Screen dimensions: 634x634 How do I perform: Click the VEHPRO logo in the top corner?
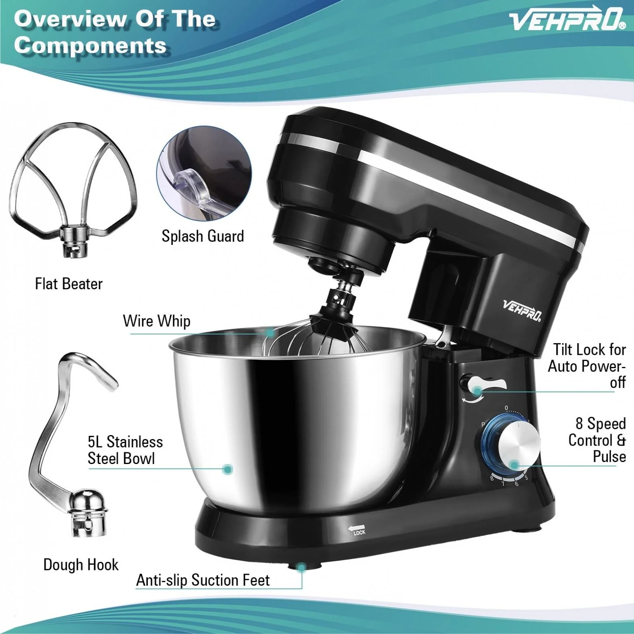point(567,19)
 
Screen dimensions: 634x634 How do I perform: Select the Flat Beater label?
point(69,284)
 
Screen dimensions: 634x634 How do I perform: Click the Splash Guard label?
point(203,236)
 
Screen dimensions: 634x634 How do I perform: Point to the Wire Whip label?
point(157,321)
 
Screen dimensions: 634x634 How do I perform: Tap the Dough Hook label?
point(81,565)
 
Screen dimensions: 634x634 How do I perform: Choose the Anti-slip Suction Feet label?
point(203,580)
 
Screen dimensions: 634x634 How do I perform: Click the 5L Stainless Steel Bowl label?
point(125,450)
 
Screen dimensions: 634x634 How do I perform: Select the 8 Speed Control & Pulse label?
point(597,440)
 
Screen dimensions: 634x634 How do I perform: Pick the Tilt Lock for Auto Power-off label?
point(587,366)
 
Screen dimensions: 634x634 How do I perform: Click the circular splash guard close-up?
point(204,173)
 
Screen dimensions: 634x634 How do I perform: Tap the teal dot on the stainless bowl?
point(228,469)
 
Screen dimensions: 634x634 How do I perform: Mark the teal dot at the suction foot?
point(300,568)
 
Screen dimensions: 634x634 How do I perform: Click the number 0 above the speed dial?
point(506,408)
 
